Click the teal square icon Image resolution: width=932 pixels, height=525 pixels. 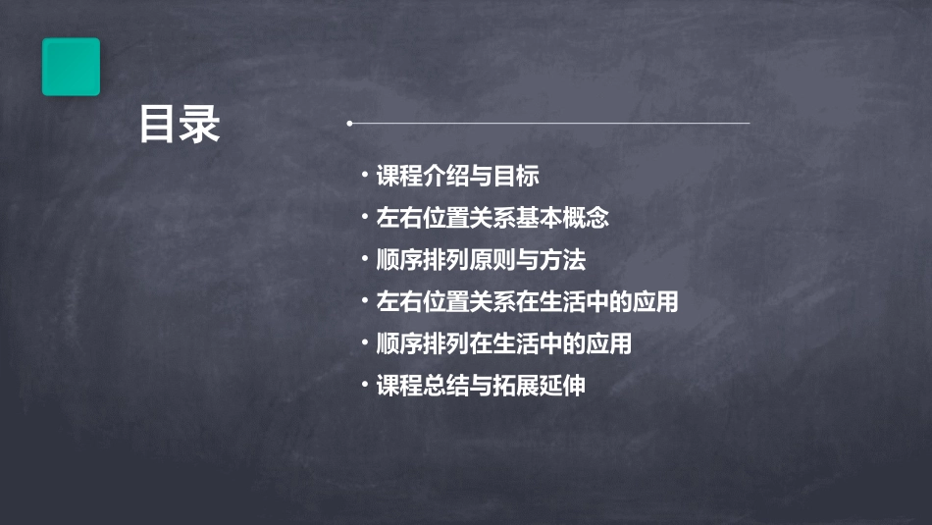pos(71,67)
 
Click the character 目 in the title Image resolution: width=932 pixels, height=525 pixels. pos(159,125)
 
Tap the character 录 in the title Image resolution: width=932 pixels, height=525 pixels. pos(201,125)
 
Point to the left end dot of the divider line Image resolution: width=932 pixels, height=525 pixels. pos(349,124)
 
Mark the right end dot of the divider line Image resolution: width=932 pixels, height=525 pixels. pos(749,124)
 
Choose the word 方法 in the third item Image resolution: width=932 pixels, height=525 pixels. pos(563,260)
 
